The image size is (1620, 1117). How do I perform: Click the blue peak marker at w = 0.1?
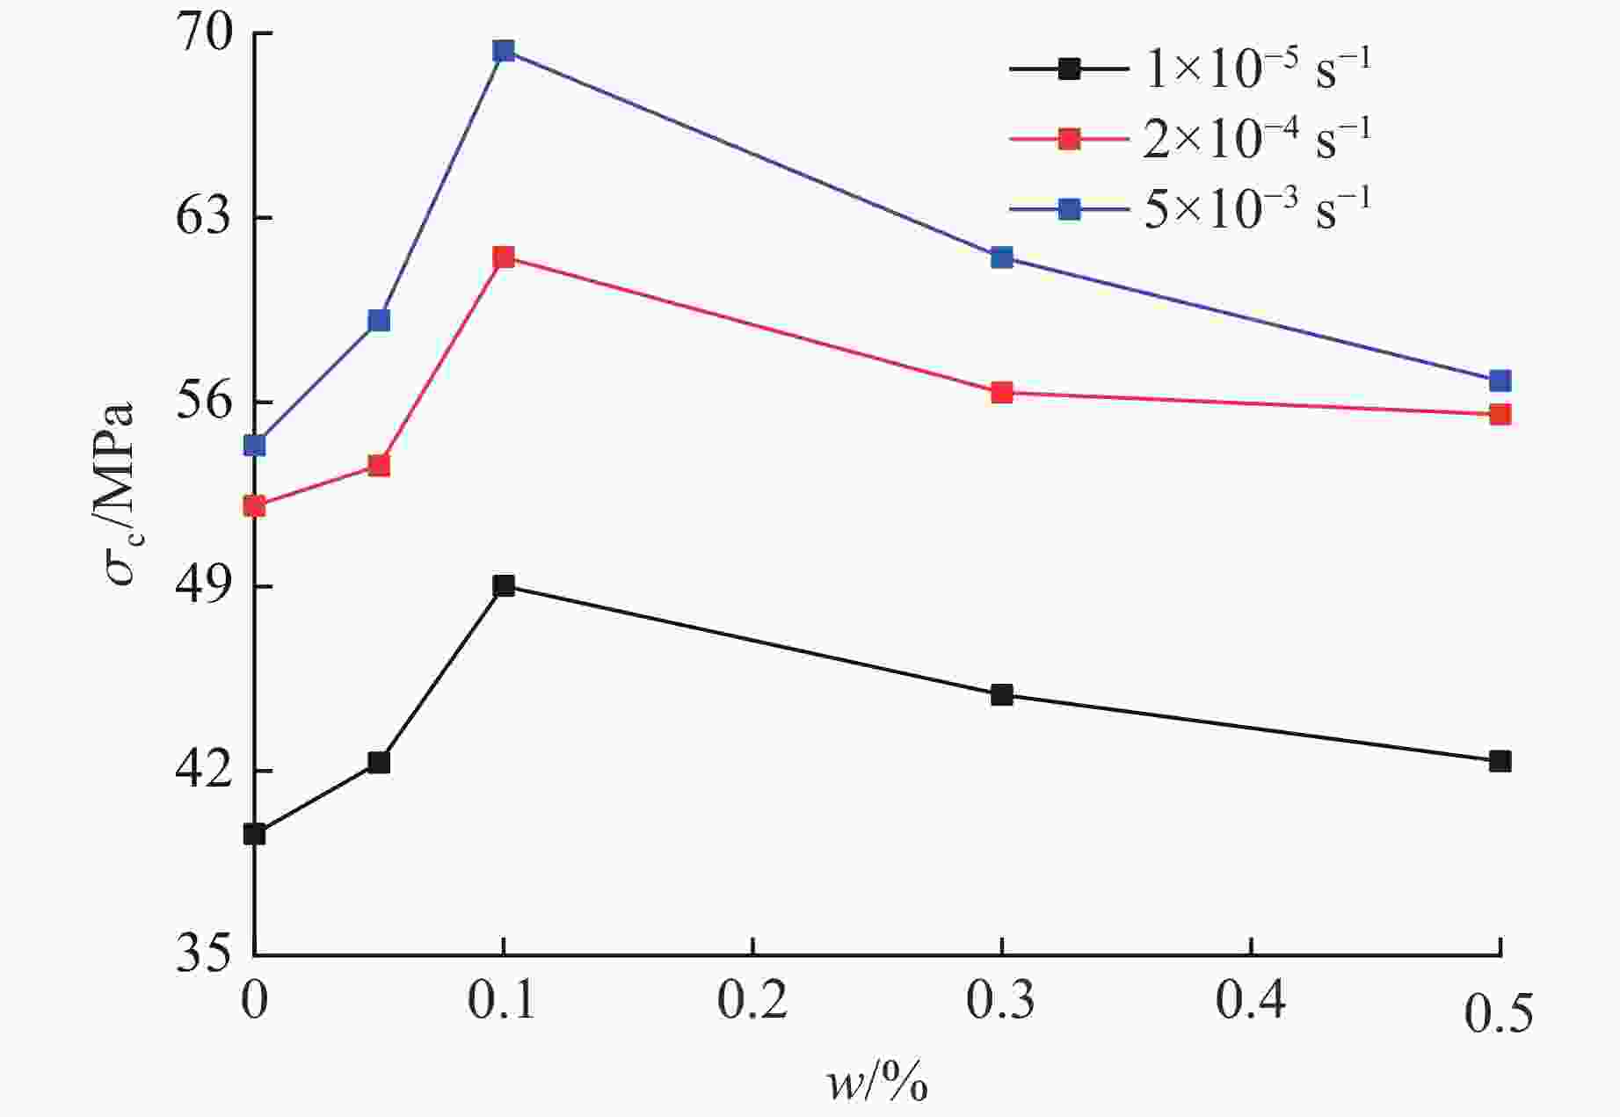coord(503,51)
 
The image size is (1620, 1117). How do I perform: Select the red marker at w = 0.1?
coord(503,257)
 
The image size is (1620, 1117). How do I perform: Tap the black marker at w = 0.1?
coord(503,586)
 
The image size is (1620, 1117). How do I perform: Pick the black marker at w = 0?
coord(254,834)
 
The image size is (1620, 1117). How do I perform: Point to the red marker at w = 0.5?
coord(1500,414)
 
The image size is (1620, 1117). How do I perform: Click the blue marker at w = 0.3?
coord(1001,257)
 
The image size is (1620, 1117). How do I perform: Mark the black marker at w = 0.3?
coord(1001,695)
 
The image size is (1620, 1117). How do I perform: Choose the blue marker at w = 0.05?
coord(379,320)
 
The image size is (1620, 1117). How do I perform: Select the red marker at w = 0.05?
coord(379,465)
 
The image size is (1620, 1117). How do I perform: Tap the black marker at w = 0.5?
coord(1500,761)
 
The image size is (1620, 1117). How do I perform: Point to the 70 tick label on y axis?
coord(204,35)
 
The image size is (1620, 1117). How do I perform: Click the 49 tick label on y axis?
coord(204,587)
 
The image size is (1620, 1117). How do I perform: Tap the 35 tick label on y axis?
coord(204,954)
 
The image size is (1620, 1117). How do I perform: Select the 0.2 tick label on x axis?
coord(752,1002)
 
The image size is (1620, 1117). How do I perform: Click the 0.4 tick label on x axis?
coord(1250,1002)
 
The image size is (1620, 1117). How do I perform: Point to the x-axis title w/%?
coord(876,1083)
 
